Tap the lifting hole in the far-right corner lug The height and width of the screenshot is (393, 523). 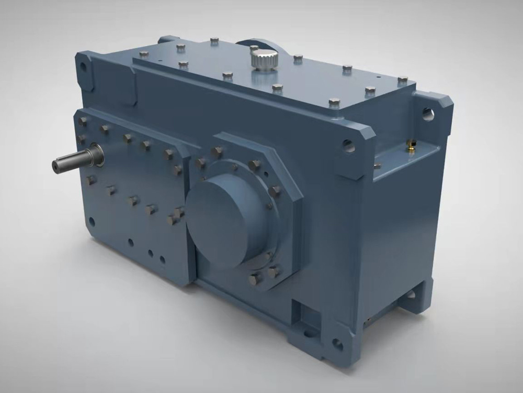pos(427,112)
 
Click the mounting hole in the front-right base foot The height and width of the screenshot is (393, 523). pos(337,345)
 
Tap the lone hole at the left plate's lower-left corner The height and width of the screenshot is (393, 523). pos(92,221)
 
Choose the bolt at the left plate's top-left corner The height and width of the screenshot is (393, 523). pos(83,121)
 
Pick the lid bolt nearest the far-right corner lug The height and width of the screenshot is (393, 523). pos(403,80)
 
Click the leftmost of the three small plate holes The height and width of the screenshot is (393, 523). pos(131,242)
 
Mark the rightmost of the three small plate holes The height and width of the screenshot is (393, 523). pos(163,259)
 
